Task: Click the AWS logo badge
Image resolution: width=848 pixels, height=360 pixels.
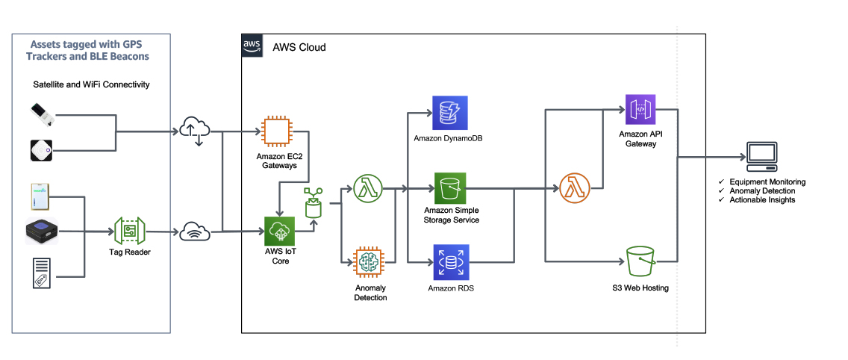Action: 252,46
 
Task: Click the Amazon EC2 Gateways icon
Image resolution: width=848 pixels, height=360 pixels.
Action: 276,131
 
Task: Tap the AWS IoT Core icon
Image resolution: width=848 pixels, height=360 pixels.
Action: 280,232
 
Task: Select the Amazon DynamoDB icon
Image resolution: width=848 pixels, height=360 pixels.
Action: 450,113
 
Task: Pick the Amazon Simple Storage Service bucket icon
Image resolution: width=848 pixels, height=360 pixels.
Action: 450,188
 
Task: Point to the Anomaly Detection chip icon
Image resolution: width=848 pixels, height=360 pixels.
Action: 370,263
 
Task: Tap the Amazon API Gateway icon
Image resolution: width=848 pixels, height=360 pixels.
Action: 640,109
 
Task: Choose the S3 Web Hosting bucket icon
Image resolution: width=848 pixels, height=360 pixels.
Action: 641,261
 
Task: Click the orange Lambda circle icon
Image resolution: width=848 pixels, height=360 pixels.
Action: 574,188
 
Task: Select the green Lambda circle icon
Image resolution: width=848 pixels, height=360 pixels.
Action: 368,188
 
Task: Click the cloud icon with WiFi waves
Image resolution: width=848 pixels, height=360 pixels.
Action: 195,231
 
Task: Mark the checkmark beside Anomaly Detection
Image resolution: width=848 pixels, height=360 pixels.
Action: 721,191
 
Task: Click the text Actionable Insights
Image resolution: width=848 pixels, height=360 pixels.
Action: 763,199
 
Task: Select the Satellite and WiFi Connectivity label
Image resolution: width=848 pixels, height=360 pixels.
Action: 91,84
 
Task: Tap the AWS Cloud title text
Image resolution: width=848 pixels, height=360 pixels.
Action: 299,47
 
